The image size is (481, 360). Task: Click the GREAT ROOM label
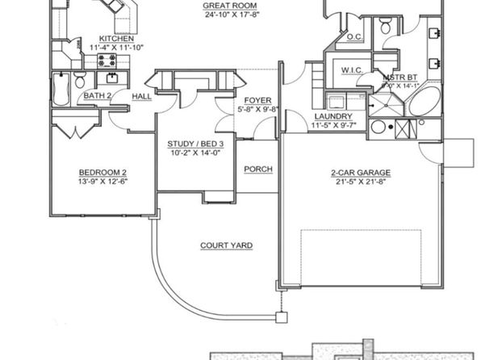(x=228, y=4)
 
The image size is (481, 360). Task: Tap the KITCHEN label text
(x=116, y=38)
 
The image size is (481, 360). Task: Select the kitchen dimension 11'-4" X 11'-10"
(x=116, y=47)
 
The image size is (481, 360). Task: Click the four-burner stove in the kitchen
(x=107, y=59)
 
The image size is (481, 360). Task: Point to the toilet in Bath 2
(x=79, y=80)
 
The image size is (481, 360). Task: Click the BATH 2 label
(x=96, y=95)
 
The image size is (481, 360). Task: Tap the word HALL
(x=142, y=96)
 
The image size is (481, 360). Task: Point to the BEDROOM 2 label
(x=102, y=172)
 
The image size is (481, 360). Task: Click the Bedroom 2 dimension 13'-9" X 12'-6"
(x=102, y=181)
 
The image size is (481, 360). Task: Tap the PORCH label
(x=258, y=169)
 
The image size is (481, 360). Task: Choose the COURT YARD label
(x=227, y=245)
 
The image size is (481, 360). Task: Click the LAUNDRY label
(x=332, y=116)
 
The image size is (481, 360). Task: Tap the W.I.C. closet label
(x=350, y=70)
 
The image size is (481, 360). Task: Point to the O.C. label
(x=353, y=36)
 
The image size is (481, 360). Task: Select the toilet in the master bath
(x=385, y=28)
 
